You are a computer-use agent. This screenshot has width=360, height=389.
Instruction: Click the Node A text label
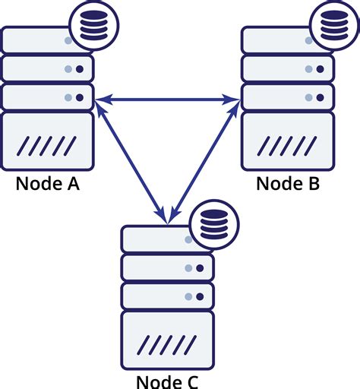[x=47, y=184]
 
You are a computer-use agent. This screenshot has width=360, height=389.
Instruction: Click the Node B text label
[x=288, y=184]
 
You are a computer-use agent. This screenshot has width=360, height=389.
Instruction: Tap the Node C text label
[x=167, y=381]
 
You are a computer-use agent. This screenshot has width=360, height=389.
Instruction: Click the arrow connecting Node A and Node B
[x=167, y=98]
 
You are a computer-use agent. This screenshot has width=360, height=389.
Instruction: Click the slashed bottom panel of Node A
[x=47, y=142]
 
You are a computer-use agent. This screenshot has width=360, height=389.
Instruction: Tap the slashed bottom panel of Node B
[x=288, y=142]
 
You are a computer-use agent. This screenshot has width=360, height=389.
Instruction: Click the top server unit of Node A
[x=38, y=40]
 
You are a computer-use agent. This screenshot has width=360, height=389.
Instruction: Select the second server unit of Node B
[x=288, y=69]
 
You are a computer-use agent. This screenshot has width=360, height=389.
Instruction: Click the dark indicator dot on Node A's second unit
[x=80, y=69]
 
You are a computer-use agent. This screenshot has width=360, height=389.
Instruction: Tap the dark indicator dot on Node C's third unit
[x=200, y=296]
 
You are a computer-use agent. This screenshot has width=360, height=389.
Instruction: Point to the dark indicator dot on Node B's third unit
[x=320, y=97]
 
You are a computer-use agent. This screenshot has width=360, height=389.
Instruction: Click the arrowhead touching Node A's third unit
[x=100, y=98]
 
